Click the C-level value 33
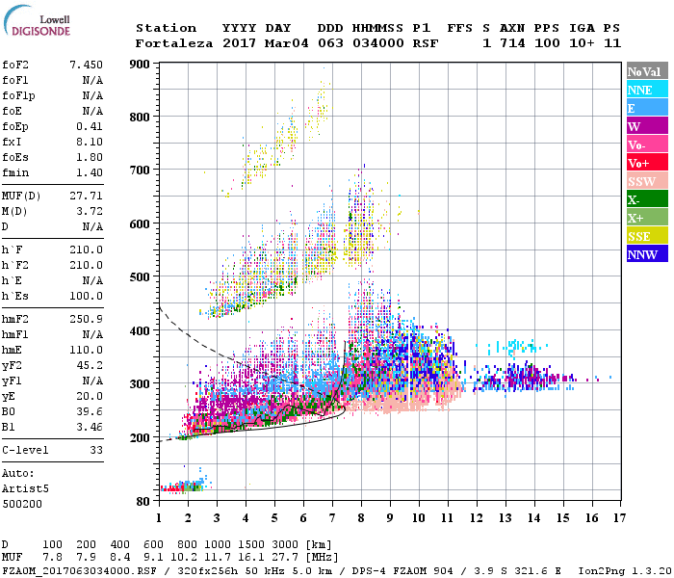(x=96, y=450)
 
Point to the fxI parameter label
(x=13, y=140)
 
